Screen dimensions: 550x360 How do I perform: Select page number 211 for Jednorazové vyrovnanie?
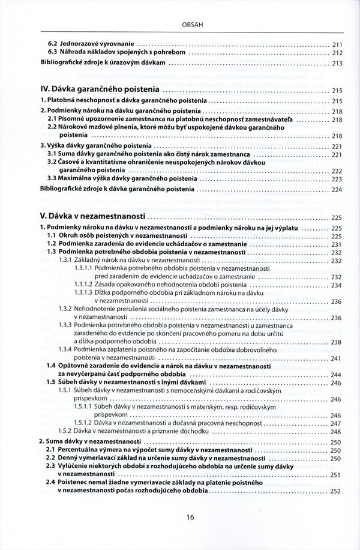pyautogui.click(x=337, y=44)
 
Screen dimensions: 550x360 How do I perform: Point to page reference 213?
pyautogui.click(x=337, y=63)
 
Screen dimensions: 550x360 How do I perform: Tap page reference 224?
pyautogui.click(x=337, y=189)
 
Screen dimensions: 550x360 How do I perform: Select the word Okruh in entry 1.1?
pyautogui.click(x=68, y=237)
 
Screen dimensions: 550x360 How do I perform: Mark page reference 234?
pyautogui.click(x=337, y=284)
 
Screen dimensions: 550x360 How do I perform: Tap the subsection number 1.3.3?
pyautogui.click(x=65, y=325)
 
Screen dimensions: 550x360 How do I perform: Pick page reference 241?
pyautogui.click(x=337, y=358)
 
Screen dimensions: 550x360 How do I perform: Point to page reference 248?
pyautogui.click(x=337, y=431)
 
